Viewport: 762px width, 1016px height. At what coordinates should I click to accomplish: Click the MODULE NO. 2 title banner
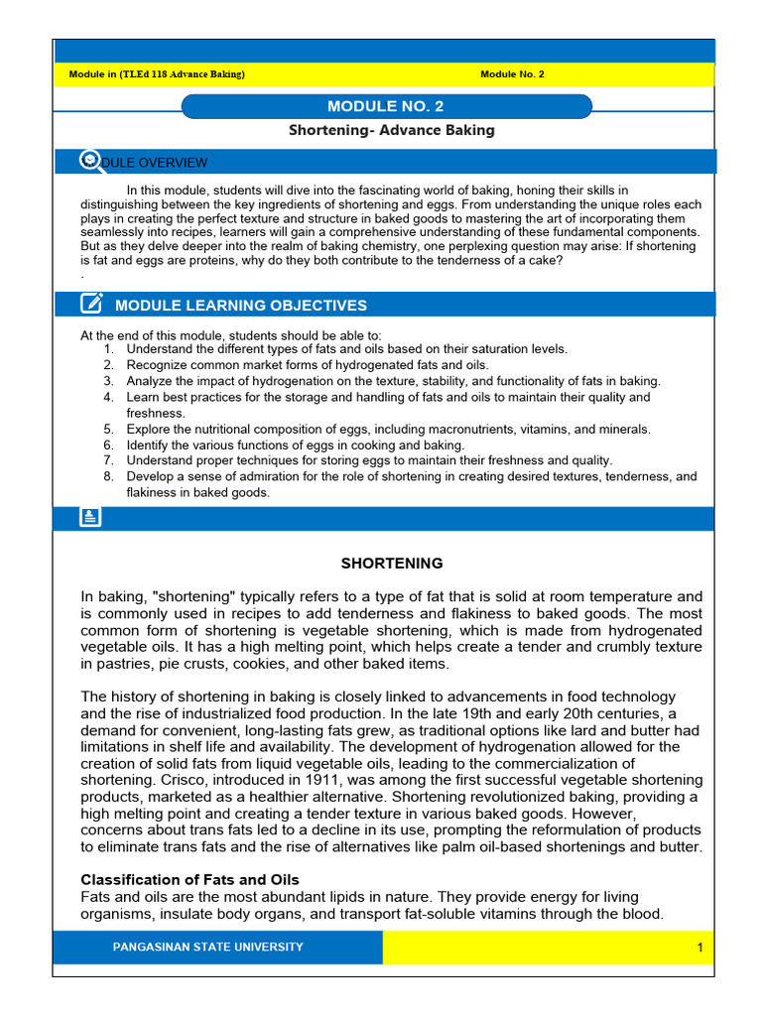pos(386,106)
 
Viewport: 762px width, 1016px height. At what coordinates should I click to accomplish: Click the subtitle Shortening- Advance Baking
pos(391,130)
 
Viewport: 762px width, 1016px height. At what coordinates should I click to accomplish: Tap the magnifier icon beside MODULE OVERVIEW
pos(90,161)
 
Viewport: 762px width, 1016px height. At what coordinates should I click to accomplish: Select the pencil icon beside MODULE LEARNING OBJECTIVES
pos(90,305)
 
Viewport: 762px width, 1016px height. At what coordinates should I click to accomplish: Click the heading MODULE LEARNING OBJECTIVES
pos(241,306)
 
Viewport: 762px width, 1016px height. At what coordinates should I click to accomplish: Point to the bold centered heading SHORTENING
pos(392,564)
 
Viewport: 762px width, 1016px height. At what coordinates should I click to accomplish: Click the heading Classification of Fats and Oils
pos(190,880)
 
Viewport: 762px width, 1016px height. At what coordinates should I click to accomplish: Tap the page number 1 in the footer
pos(699,948)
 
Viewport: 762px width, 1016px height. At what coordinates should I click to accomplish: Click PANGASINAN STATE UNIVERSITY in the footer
pos(208,948)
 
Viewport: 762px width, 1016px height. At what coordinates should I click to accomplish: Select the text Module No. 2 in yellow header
pos(512,74)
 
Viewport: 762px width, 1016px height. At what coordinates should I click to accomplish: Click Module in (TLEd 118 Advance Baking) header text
pos(157,74)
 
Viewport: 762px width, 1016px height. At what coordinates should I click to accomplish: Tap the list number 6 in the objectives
pos(108,445)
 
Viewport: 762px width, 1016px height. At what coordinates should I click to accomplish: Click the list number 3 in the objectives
pos(108,381)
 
